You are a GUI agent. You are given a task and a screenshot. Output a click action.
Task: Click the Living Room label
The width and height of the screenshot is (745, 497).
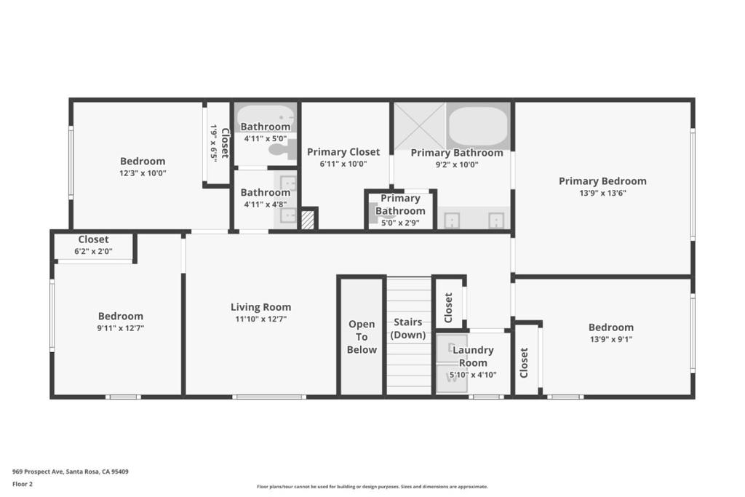click(x=261, y=307)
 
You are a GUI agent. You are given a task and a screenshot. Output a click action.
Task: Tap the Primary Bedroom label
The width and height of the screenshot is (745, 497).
click(x=602, y=181)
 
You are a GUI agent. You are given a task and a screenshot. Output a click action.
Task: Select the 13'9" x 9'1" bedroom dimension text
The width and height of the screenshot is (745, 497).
click(x=611, y=339)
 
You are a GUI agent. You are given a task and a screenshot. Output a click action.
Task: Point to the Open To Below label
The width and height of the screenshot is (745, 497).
click(x=362, y=337)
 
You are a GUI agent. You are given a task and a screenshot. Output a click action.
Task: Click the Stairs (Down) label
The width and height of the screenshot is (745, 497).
click(x=407, y=328)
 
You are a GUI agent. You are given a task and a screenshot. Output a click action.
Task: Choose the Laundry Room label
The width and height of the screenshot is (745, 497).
click(x=473, y=357)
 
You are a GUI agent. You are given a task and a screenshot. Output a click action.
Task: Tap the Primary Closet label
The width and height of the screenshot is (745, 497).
click(x=343, y=152)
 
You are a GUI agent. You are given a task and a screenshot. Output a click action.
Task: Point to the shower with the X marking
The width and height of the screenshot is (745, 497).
click(x=420, y=126)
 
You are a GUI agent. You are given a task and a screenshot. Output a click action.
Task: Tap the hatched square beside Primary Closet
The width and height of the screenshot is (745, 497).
click(x=308, y=220)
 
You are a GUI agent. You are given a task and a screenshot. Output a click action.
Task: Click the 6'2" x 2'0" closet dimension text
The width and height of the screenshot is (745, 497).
click(x=93, y=251)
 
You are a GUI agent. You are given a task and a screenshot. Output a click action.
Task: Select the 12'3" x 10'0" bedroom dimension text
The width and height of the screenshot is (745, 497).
click(x=143, y=173)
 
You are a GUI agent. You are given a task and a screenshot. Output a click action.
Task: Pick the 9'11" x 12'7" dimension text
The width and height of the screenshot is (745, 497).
click(x=121, y=328)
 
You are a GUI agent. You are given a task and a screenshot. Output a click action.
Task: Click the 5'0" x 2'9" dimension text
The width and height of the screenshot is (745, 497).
click(x=400, y=223)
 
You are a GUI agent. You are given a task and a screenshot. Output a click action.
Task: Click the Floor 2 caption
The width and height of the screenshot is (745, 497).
click(x=23, y=484)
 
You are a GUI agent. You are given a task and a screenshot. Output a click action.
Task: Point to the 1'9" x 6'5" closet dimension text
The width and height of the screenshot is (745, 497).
click(x=214, y=143)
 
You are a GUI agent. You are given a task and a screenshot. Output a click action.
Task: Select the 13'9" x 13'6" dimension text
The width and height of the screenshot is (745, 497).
click(x=602, y=193)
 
